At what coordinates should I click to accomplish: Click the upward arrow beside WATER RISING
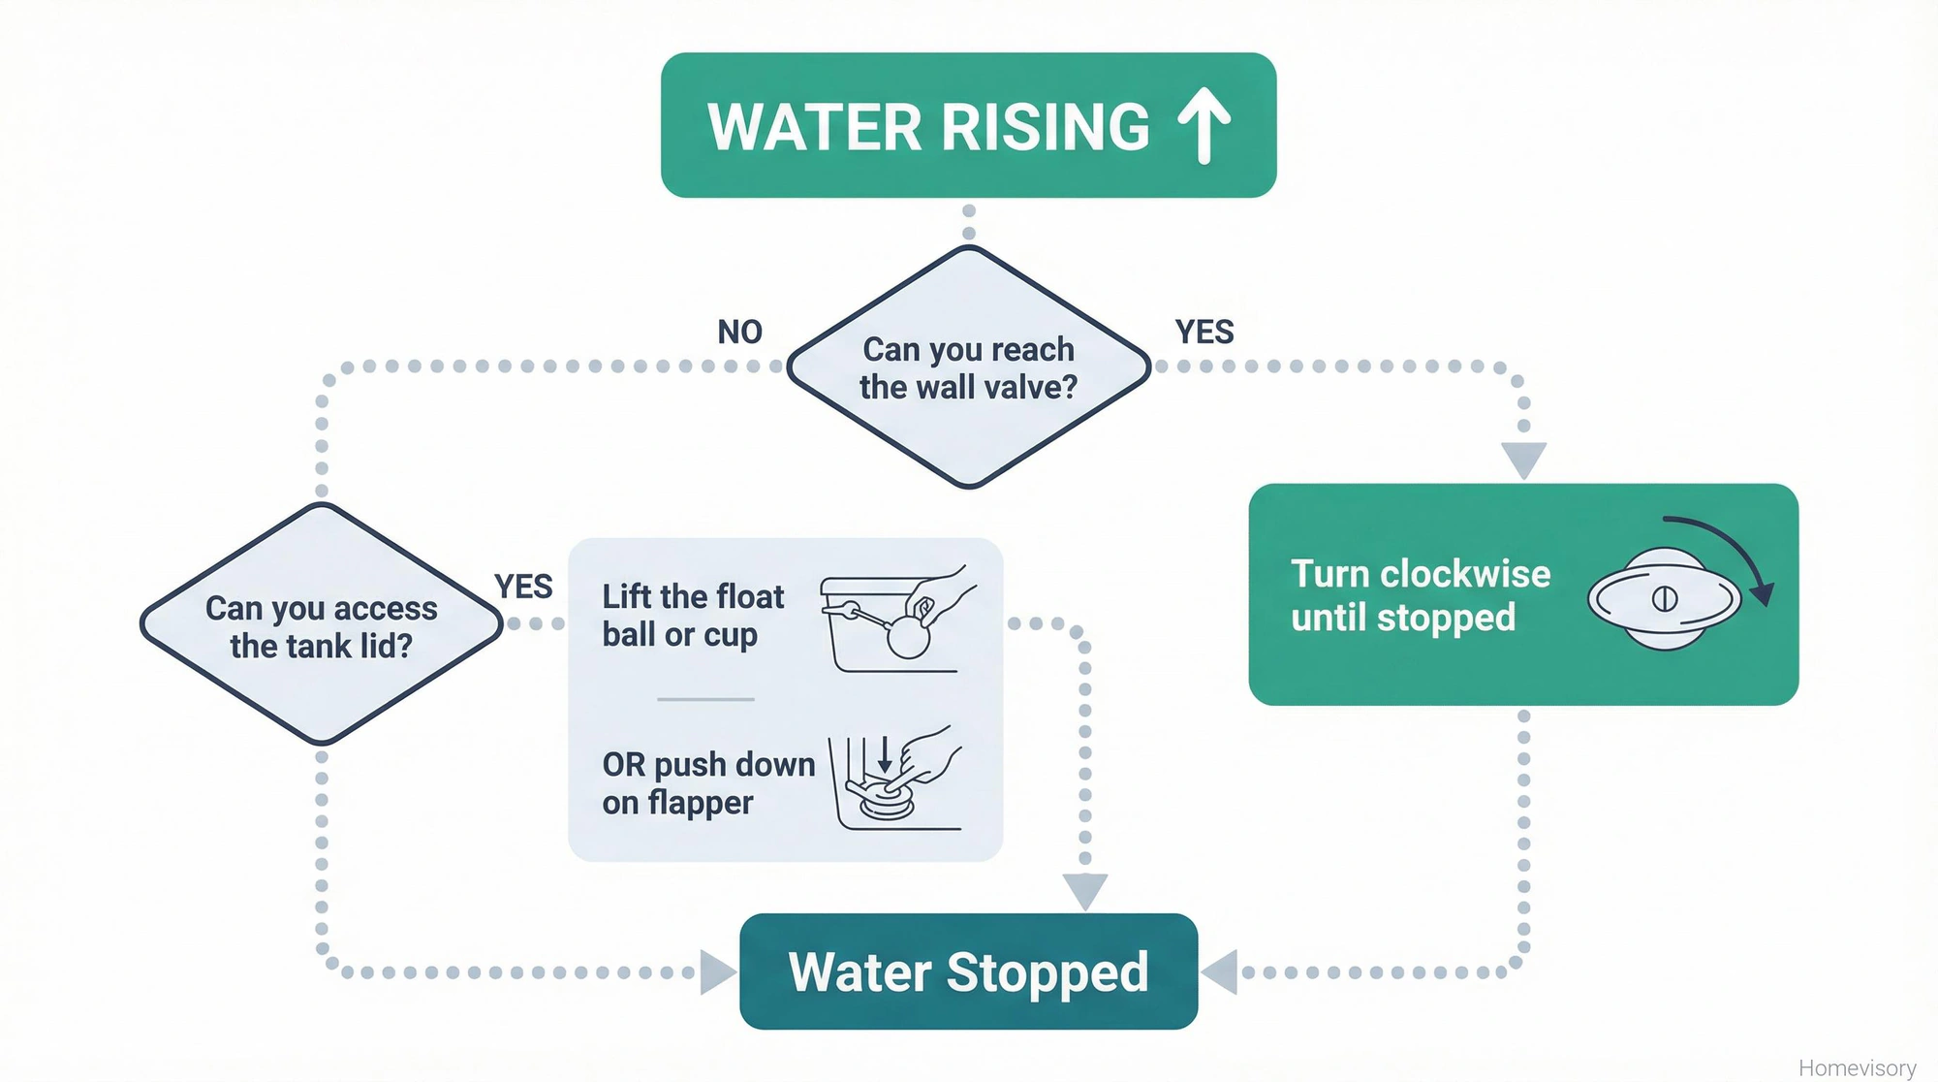click(x=1204, y=125)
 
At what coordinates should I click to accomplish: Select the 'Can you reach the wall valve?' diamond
click(x=968, y=367)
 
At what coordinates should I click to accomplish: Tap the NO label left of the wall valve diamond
click(x=739, y=333)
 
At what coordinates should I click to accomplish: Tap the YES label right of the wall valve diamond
click(x=1204, y=333)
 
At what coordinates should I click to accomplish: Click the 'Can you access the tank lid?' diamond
click(x=321, y=625)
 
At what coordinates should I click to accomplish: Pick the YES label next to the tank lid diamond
click(x=523, y=587)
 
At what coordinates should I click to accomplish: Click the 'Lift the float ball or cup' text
click(x=692, y=615)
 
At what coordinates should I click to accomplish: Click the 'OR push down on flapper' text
click(x=707, y=782)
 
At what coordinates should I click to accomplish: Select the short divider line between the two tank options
click(x=705, y=699)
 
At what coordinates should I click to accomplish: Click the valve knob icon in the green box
click(x=1664, y=599)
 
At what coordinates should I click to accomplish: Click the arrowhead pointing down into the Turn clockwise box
click(x=1523, y=459)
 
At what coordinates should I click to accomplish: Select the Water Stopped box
click(x=968, y=971)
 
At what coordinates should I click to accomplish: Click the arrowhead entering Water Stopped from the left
click(x=717, y=971)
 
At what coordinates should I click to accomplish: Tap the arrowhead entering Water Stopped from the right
click(x=1221, y=971)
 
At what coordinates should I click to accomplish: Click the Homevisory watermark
click(x=1857, y=1067)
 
